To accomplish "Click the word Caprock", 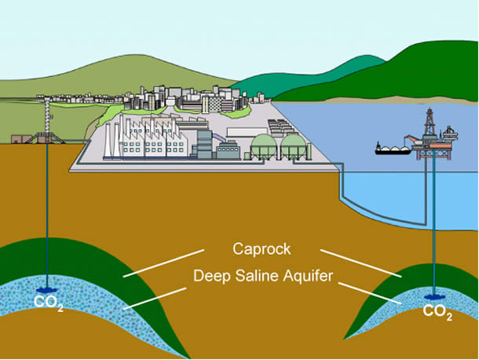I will click(x=261, y=249).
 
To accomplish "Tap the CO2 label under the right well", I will click(x=437, y=311).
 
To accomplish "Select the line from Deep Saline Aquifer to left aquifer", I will click(x=153, y=298).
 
